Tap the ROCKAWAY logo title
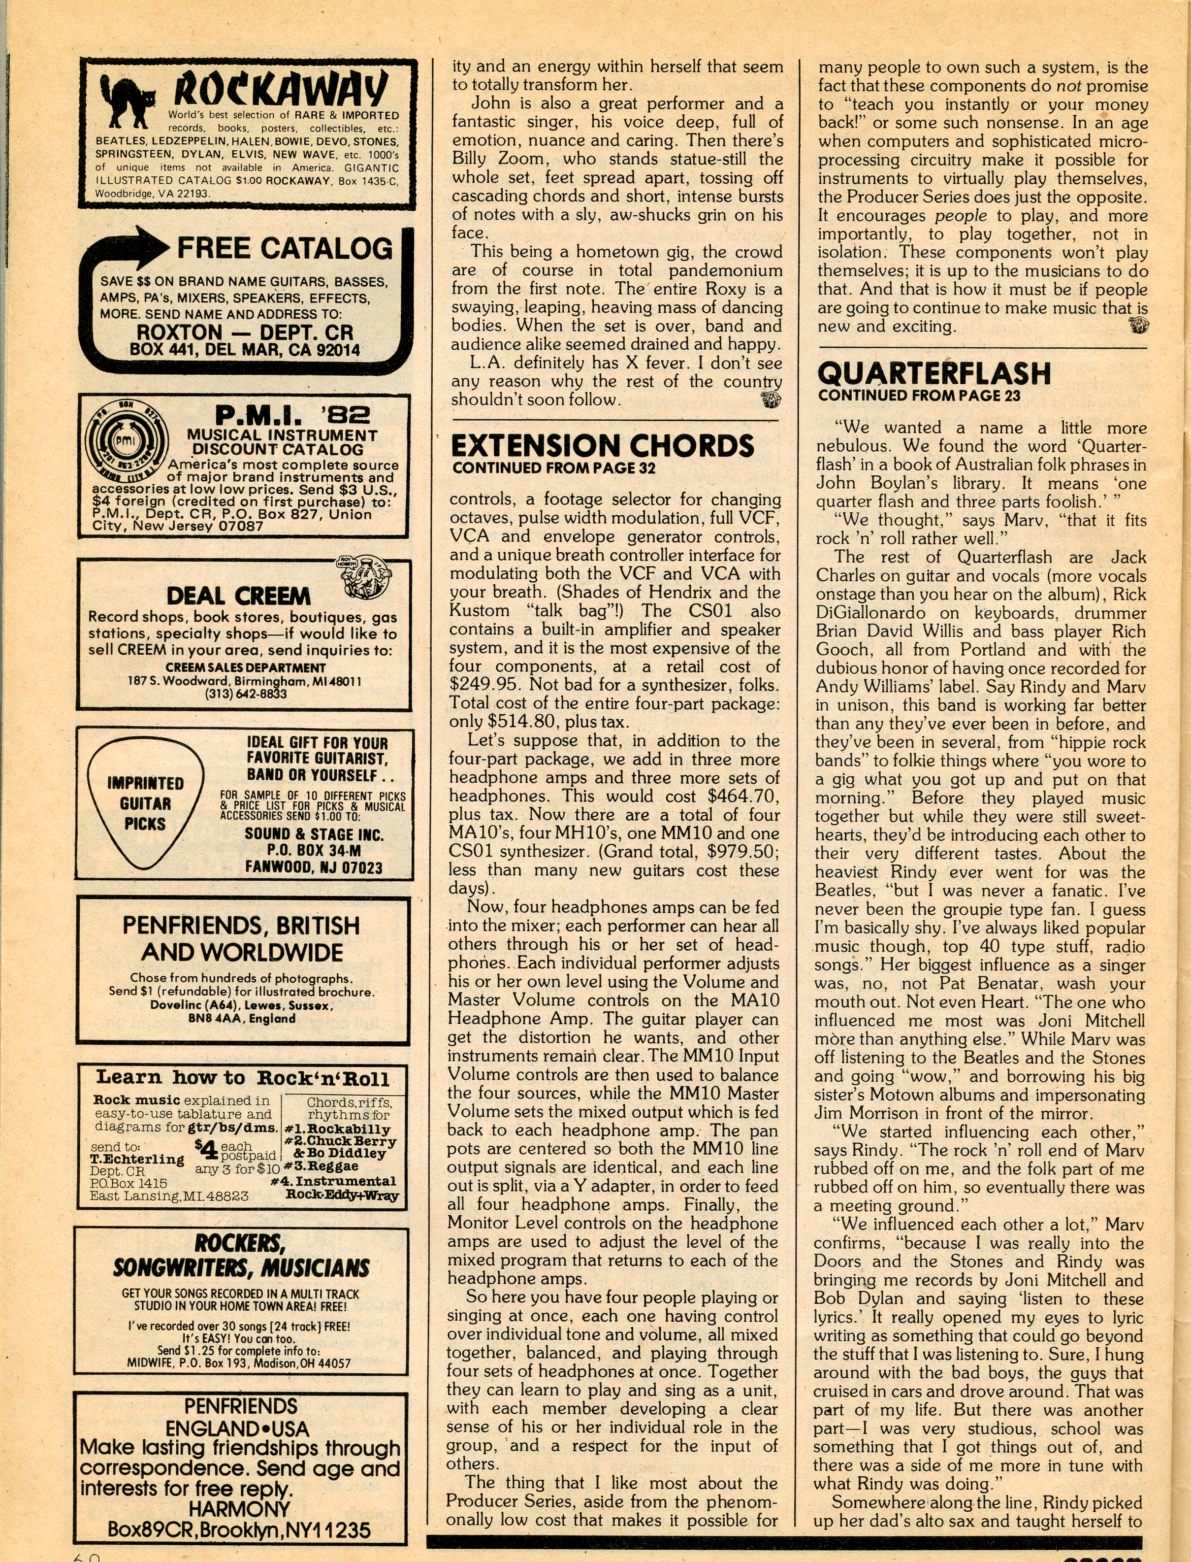pyautogui.click(x=281, y=90)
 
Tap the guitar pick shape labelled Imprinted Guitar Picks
pyautogui.click(x=145, y=802)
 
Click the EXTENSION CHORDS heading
pyautogui.click(x=602, y=446)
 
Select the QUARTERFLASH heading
pyautogui.click(x=933, y=373)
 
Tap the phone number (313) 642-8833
pyautogui.click(x=245, y=694)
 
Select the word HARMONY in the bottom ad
pyautogui.click(x=240, y=1508)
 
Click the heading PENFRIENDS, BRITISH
pyautogui.click(x=241, y=925)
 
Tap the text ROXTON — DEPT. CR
pyautogui.click(x=245, y=332)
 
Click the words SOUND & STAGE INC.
pyautogui.click(x=314, y=834)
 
